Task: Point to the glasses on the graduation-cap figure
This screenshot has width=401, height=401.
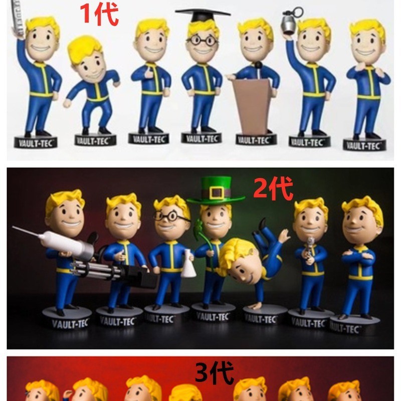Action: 203,41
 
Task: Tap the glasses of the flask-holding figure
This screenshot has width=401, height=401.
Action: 170,217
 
